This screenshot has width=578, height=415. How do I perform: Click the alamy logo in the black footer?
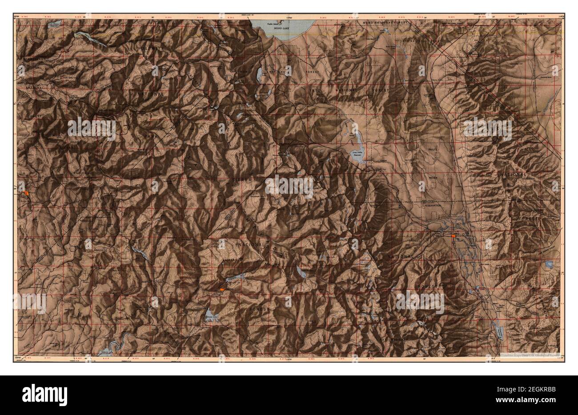(40, 394)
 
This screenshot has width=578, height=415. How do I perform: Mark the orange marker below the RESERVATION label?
(453, 236)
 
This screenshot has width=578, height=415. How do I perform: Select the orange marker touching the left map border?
(27, 193)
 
